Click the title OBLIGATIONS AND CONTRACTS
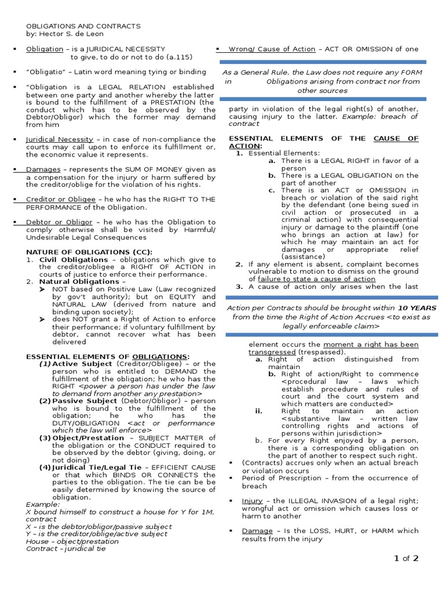pyautogui.click(x=83, y=26)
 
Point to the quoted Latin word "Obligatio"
pyautogui.click(x=47, y=72)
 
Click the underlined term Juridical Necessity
pyautogui.click(x=60, y=139)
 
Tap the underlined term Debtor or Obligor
pyautogui.click(x=59, y=222)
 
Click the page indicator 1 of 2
pyautogui.click(x=406, y=559)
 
